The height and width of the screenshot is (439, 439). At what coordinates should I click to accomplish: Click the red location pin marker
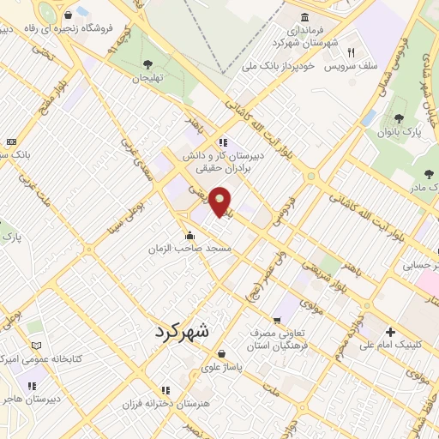[x=219, y=201]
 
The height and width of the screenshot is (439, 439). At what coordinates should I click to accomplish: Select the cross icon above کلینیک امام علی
[x=391, y=332]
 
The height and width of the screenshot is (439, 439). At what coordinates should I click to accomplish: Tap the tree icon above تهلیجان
[x=147, y=63]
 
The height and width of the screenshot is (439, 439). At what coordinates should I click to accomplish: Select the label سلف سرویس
[x=351, y=66]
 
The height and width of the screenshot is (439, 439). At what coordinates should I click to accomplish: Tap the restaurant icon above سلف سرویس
[x=351, y=52]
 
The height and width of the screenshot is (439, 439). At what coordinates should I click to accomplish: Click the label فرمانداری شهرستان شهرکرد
[x=305, y=35]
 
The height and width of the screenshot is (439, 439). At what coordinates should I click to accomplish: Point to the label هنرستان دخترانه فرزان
[x=165, y=402]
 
